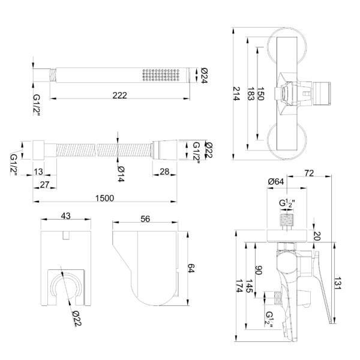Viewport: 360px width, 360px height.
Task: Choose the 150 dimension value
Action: (260, 95)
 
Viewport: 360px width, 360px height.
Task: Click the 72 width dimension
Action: (309, 173)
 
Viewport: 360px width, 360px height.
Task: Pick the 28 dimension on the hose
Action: (164, 173)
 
